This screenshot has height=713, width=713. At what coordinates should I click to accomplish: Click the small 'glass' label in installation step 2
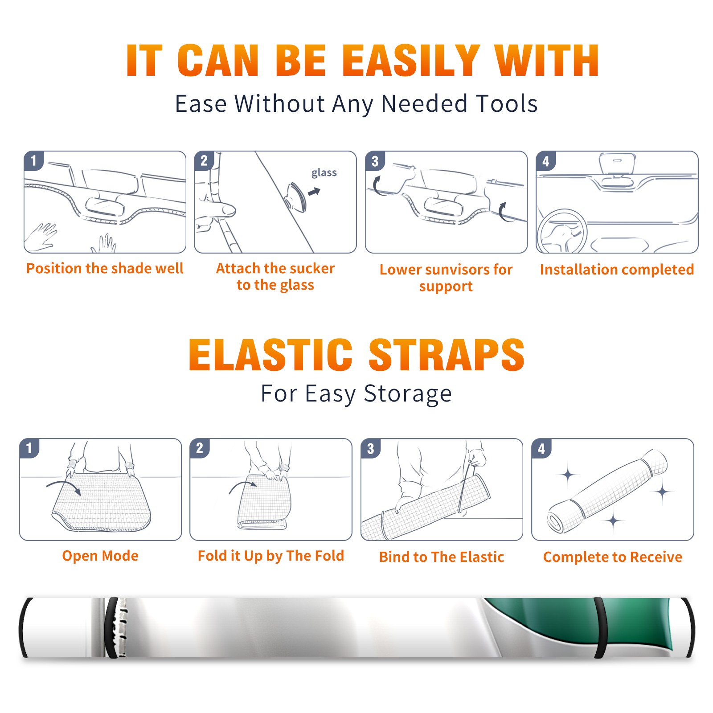coord(324,172)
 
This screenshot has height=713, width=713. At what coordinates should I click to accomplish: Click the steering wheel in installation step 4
coord(562,232)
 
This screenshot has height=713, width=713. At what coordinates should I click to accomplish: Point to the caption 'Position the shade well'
coord(105,268)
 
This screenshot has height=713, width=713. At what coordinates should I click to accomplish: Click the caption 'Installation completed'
coord(617,269)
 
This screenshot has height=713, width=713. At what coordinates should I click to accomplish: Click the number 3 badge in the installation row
coord(375,161)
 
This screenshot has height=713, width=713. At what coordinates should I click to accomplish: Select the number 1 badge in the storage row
coord(29,448)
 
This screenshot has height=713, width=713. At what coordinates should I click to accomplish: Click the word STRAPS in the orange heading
coord(447,355)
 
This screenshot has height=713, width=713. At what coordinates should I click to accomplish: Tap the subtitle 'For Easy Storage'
coord(356,393)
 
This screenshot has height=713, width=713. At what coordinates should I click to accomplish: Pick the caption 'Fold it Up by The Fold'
coord(271,556)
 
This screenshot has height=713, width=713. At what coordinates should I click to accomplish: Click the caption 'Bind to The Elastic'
coord(442,557)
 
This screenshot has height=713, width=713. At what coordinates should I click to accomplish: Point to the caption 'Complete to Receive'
coord(613,557)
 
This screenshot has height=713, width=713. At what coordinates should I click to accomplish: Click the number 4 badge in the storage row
coord(541,448)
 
